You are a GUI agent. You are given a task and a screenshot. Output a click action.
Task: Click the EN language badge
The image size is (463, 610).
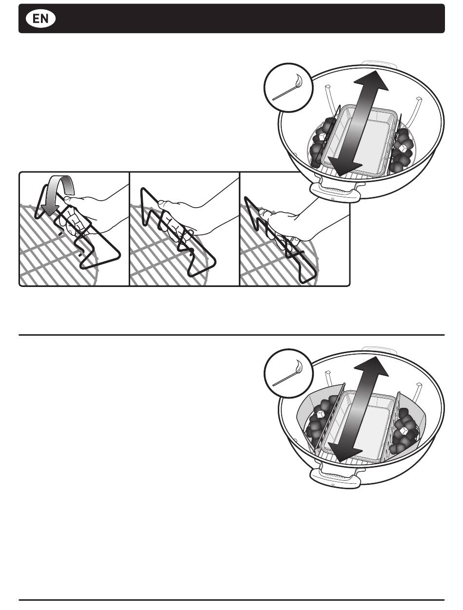coord(40,19)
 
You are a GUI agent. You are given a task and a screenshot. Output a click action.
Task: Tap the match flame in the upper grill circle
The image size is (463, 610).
coord(298,80)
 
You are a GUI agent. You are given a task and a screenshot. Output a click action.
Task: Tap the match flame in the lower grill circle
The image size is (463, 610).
coord(298,367)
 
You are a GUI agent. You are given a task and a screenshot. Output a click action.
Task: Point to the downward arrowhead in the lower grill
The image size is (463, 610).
coord(341,453)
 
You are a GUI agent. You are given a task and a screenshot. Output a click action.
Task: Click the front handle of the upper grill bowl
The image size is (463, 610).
coord(335,192)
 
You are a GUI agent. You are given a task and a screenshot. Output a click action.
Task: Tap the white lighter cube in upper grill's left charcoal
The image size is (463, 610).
coord(322,137)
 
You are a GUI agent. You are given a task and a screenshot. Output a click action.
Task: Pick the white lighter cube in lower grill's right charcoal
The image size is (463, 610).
coord(403,431)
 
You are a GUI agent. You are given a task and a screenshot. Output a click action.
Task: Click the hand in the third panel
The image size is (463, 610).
coord(292,222)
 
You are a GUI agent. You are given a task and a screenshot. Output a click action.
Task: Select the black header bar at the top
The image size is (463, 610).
coord(231,19)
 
